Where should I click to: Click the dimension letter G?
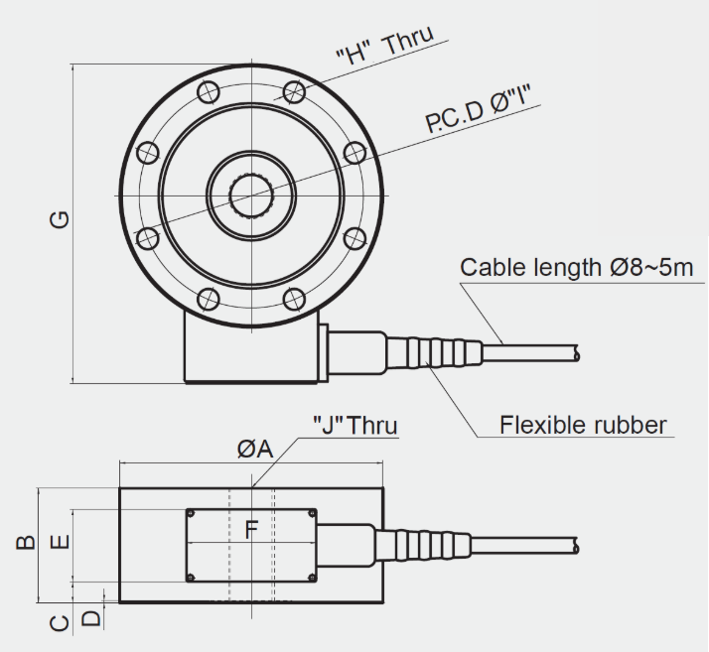[60, 219]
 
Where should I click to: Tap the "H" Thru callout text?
[385, 46]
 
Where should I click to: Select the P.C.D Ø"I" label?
[478, 109]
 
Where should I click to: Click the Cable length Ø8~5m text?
[577, 267]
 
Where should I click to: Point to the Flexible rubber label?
[583, 425]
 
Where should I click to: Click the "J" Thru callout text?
[355, 426]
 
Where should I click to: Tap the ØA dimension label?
[255, 450]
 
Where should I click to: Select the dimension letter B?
[26, 542]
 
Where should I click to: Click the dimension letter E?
[60, 542]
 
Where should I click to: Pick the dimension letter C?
[60, 623]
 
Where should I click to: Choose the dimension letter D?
[91, 618]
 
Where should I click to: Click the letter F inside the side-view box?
[251, 530]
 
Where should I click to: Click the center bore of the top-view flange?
[251, 196]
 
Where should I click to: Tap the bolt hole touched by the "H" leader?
[294, 92]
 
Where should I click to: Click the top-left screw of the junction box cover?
[191, 514]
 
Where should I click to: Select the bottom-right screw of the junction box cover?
[312, 577]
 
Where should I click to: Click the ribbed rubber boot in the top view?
[434, 352]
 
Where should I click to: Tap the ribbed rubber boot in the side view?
[424, 547]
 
